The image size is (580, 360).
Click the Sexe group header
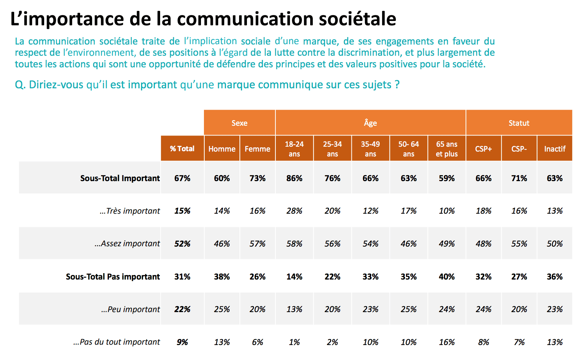pyautogui.click(x=239, y=123)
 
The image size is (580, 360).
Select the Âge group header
pyautogui.click(x=370, y=123)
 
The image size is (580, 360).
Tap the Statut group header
pyautogui.click(x=519, y=123)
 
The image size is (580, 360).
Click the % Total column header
pyautogui.click(x=182, y=149)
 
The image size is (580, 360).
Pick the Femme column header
pyautogui.click(x=257, y=149)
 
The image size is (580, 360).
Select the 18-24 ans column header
pyautogui.click(x=294, y=149)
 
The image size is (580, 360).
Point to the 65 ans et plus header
pyautogui.click(x=447, y=149)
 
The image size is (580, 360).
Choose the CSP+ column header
pyautogui.click(x=483, y=149)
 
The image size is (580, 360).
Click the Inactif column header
pyautogui.click(x=555, y=149)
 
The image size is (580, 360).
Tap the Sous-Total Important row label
pyautogui.click(x=120, y=178)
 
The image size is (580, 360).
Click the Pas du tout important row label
pyautogui.click(x=117, y=342)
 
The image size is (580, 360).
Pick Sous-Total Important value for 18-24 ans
pyautogui.click(x=294, y=178)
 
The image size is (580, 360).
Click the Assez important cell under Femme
pyautogui.click(x=257, y=244)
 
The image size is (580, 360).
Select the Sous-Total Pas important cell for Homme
pyautogui.click(x=222, y=277)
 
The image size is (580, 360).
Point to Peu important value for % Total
pyautogui.click(x=182, y=309)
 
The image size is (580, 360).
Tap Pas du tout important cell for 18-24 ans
pyautogui.click(x=294, y=342)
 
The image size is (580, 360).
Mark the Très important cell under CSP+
pyautogui.click(x=483, y=211)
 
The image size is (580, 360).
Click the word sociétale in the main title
pyautogui.click(x=357, y=19)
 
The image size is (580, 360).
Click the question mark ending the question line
pyautogui.click(x=397, y=85)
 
